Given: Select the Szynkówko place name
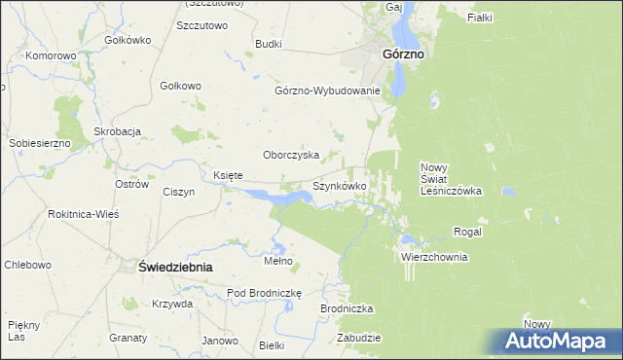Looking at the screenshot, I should click(339, 185).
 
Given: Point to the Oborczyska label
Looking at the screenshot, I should click(292, 155).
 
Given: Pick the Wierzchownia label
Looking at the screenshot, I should click(434, 258).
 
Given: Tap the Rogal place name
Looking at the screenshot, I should click(468, 232).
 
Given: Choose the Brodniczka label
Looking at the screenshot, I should click(347, 308).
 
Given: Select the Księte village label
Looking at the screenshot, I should click(227, 175).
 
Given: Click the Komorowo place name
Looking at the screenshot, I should click(52, 55).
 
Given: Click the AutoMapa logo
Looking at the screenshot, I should click(559, 342).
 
